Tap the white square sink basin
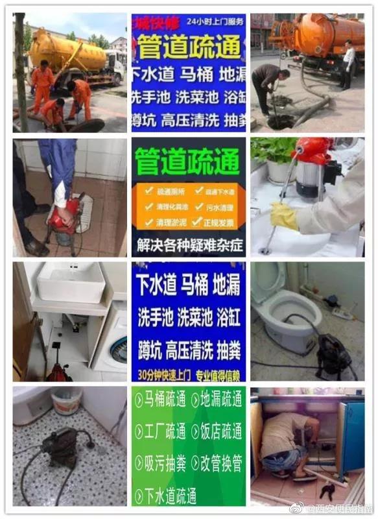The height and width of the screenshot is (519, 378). tap(71, 282)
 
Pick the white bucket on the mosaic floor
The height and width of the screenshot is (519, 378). tap(66, 401)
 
